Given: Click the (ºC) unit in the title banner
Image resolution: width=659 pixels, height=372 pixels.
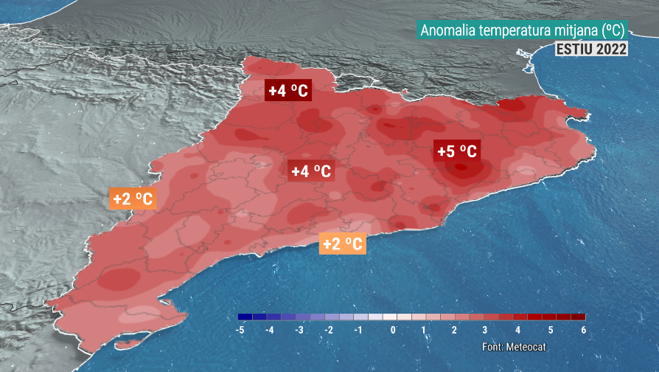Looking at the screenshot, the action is point(612,30).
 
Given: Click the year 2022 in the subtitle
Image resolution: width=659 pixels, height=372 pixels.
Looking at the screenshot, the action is point(613,49).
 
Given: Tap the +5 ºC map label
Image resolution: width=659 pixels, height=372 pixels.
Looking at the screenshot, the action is point(457,151).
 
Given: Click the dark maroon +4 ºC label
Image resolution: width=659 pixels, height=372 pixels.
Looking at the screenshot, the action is point(288,91).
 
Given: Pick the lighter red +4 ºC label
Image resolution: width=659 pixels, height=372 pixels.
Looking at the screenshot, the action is point(311,171).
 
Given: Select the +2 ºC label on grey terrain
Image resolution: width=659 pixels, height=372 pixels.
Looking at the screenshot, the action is point(133,199).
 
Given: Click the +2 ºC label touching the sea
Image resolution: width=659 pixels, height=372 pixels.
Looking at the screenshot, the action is point(343,244).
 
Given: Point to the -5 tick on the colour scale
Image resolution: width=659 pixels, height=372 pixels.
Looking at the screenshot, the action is point(240,330).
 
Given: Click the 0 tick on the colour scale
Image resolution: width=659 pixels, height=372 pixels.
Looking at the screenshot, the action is point(393,330).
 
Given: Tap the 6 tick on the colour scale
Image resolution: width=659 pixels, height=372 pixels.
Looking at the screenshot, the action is point(583,330).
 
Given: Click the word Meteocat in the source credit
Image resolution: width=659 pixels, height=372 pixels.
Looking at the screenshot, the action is point(526,347).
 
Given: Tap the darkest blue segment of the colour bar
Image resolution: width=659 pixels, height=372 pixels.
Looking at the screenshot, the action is point(245,317).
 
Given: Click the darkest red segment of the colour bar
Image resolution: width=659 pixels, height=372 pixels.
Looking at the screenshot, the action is point(578,317).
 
